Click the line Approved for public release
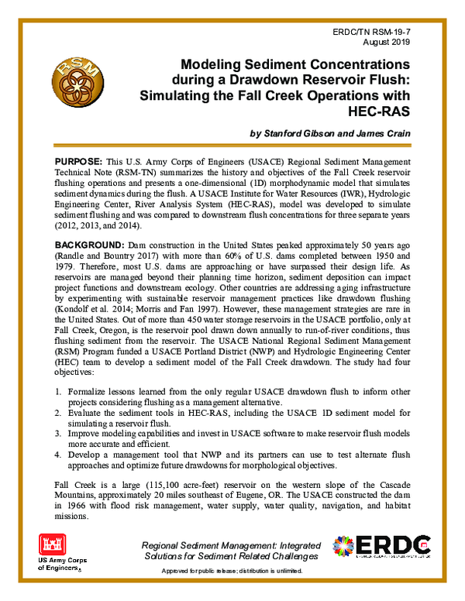(233, 571)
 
